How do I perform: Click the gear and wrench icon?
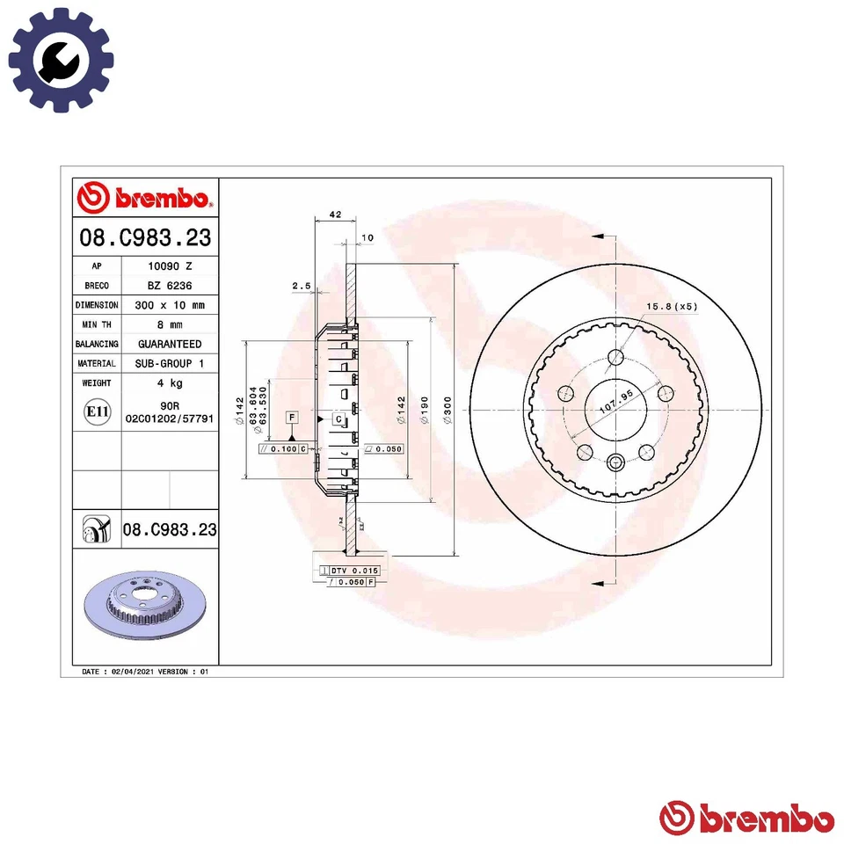pyautogui.click(x=61, y=60)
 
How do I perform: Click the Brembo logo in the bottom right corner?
pyautogui.click(x=746, y=817)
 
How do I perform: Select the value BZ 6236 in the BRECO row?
pyautogui.click(x=169, y=286)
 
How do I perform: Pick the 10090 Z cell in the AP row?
pyautogui.click(x=169, y=266)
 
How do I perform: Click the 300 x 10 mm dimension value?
pyautogui.click(x=169, y=305)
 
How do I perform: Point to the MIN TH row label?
pyautogui.click(x=97, y=324)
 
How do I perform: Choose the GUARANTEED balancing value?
pyautogui.click(x=169, y=344)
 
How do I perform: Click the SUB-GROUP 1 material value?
pyautogui.click(x=169, y=363)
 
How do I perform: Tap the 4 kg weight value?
pyautogui.click(x=169, y=382)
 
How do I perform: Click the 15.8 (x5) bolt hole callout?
pyautogui.click(x=672, y=306)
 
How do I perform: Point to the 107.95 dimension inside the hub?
pyautogui.click(x=615, y=409)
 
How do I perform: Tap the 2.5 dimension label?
pyautogui.click(x=302, y=286)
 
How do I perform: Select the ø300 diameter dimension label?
pyautogui.click(x=447, y=410)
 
